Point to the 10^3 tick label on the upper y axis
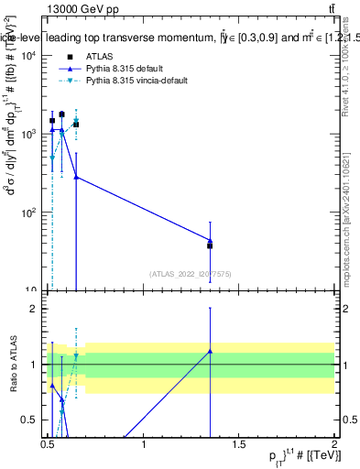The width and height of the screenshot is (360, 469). (25, 134)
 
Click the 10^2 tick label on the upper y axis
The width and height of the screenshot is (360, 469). (25, 213)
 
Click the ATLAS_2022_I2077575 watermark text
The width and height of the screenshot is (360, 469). (191, 273)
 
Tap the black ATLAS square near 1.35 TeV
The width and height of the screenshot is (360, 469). (211, 245)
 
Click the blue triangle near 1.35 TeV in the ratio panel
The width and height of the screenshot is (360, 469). (211, 351)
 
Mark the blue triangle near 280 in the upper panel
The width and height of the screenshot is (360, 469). (76, 177)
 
